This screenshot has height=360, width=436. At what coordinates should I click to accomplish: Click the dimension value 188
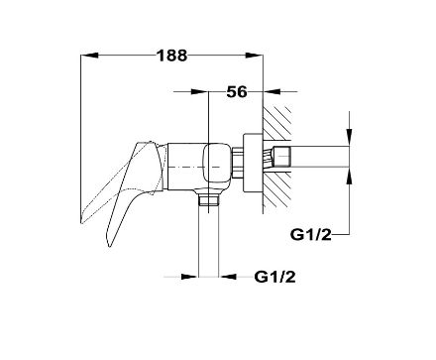pos(171,56)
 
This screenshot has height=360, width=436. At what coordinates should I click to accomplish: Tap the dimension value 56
pos(237,91)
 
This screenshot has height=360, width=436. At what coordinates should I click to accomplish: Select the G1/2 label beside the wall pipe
pos(310,235)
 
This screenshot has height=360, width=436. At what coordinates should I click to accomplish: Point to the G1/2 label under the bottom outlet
pos(274,277)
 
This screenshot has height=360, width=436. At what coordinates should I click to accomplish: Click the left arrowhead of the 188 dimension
pos(89,56)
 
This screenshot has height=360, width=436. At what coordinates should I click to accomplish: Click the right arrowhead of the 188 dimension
pos(254,56)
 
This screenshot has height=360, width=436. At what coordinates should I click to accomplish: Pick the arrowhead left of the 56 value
pos(200,91)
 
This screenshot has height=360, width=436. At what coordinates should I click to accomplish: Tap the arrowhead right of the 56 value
pos(272,91)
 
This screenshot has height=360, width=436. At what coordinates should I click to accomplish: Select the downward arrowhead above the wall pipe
pos(349,138)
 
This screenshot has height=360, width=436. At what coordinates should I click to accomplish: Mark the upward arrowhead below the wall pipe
pos(349,176)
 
